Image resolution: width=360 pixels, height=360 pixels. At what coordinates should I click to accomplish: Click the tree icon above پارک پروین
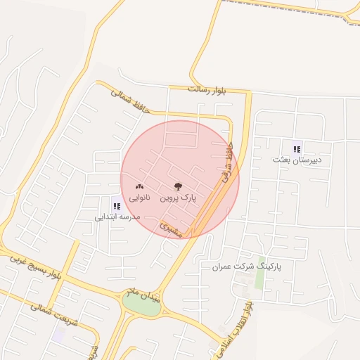[x=177, y=187]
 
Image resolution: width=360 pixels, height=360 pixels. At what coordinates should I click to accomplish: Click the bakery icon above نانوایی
[x=138, y=187]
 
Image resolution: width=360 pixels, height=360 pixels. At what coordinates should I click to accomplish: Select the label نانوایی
[x=138, y=199]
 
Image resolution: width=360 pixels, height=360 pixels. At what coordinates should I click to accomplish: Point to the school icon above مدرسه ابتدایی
[x=116, y=206]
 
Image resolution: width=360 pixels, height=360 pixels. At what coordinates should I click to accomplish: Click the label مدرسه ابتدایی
[x=117, y=217]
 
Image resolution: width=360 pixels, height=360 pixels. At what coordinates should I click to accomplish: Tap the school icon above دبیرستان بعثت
[x=297, y=148]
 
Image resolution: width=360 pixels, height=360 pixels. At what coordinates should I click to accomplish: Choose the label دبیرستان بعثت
[x=297, y=160]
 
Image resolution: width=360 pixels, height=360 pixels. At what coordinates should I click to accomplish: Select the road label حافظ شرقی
[x=227, y=166]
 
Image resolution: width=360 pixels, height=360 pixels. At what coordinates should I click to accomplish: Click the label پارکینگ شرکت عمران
[x=247, y=267]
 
